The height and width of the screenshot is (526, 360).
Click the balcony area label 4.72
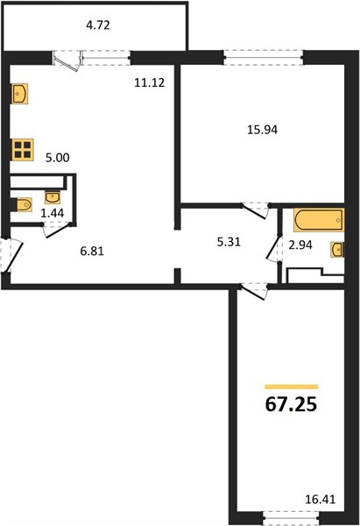pos(98,25)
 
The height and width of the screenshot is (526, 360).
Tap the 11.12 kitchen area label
pos(150,82)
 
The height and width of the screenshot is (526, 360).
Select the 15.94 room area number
pos(263,130)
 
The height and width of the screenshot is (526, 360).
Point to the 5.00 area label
pos(58,157)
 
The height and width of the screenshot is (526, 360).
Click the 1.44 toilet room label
pos(53,213)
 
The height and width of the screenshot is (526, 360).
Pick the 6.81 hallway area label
pos(92,251)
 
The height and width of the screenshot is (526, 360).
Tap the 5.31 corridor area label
pos(229,242)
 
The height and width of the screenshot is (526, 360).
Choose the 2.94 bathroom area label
pos(300,245)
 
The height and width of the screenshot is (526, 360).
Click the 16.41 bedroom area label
pos(321,500)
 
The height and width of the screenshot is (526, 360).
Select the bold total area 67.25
pos(291,404)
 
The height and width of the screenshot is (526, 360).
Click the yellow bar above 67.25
pos(292,387)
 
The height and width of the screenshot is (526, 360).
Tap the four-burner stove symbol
pos(23,150)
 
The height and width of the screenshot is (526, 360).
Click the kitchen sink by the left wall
pos(20,94)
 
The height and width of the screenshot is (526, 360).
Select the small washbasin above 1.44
pos(53,197)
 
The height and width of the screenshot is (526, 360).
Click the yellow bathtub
pos(319,220)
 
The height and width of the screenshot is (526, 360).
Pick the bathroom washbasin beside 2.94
pos(337,250)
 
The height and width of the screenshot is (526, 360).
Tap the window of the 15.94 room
pos(264,57)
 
